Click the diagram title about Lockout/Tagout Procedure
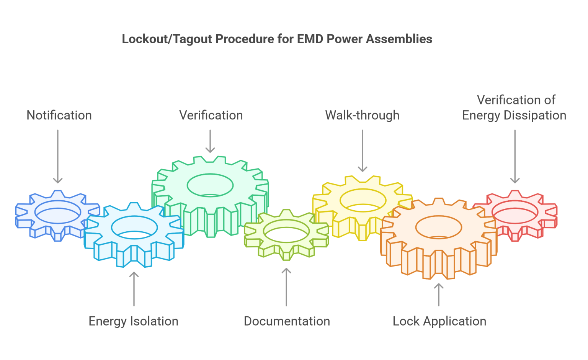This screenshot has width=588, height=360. coord(277,39)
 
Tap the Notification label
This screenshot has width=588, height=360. coord(59,115)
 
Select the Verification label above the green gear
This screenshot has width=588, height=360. coord(211,115)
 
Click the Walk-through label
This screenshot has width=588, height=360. coord(362,115)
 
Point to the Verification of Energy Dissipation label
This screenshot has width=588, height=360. coord(514,108)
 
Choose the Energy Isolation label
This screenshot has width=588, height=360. coord(133,321)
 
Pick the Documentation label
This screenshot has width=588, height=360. coord(287,321)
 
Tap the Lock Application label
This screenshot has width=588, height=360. coord(439,321)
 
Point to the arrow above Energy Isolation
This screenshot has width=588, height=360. coord(134,289)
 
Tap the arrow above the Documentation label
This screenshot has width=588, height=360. coord(286,287)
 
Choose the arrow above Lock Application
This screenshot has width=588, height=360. coord(439,295)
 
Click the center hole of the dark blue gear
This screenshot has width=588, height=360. coord(58,212)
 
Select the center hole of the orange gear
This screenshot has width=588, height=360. coord(439,227)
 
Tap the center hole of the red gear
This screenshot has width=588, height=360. coord(515,212)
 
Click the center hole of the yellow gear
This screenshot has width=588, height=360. coord(363,200)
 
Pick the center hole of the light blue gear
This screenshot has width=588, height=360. coord(134,227)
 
